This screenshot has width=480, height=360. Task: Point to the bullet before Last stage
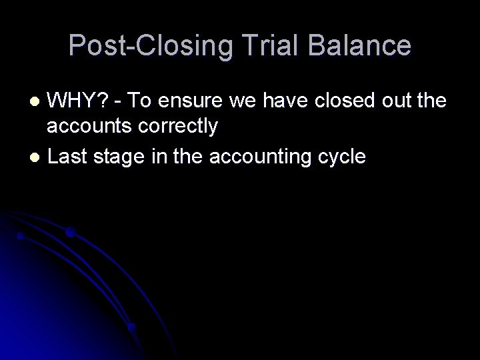(x=37, y=158)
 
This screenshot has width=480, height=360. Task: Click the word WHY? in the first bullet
(x=75, y=101)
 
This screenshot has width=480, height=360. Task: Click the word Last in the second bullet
(x=66, y=157)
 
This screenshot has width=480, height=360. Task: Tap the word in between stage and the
(x=148, y=157)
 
